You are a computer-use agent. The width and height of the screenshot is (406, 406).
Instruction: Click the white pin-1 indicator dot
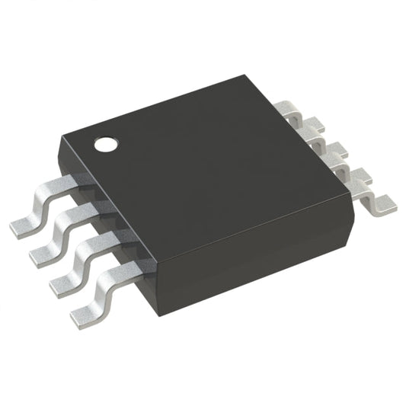click(106, 142)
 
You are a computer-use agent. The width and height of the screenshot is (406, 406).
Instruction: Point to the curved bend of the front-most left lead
click(107, 286)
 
